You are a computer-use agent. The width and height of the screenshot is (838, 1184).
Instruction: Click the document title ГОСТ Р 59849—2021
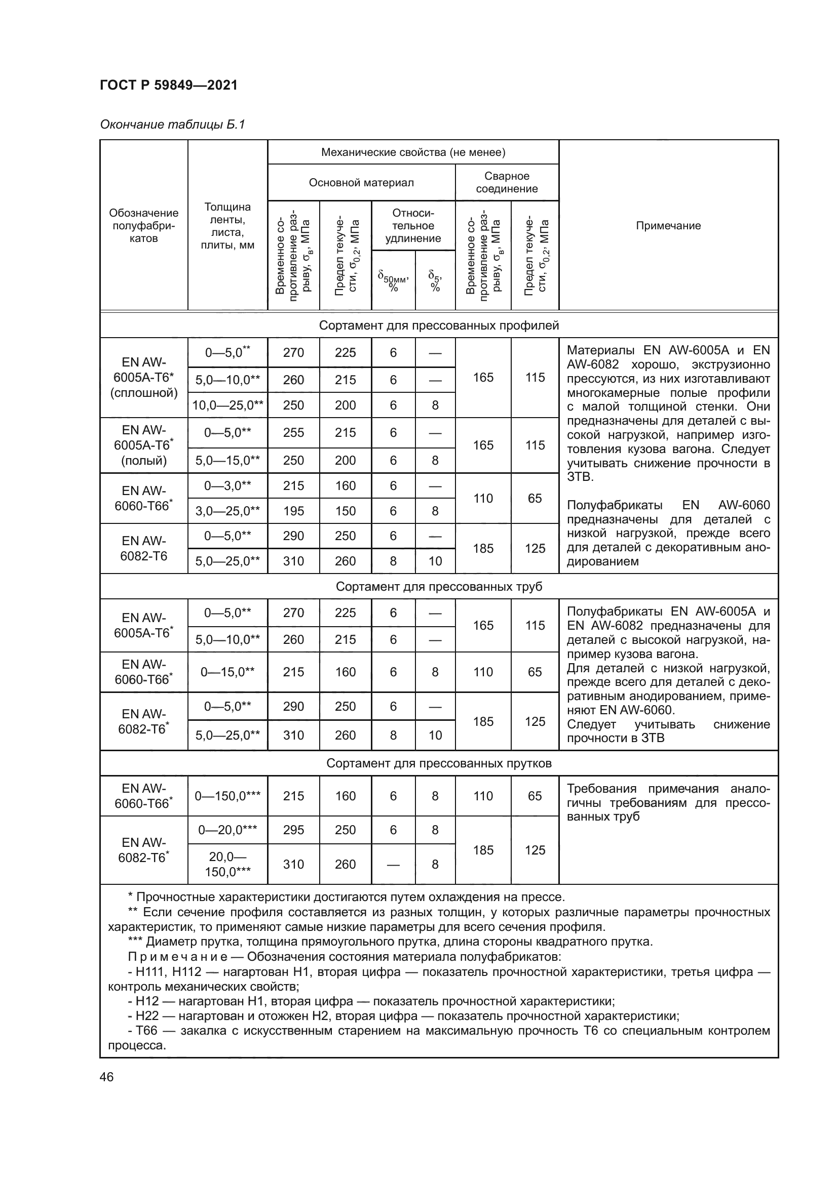[169, 85]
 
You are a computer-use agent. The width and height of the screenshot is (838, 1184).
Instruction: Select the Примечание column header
[668, 225]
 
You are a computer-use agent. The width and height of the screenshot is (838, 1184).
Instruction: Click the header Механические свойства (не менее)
[413, 152]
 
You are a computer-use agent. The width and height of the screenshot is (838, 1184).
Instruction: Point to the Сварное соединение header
[506, 183]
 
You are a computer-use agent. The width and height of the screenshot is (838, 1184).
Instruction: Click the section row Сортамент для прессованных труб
[439, 586]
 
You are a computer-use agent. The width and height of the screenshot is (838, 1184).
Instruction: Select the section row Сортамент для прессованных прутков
[439, 763]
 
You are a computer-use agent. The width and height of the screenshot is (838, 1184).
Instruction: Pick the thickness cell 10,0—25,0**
[227, 405]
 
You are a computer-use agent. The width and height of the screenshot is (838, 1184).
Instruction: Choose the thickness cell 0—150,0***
[227, 796]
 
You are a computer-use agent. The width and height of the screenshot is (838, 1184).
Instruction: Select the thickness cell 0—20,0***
[227, 830]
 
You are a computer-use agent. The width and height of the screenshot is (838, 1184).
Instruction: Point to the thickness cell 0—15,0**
[227, 672]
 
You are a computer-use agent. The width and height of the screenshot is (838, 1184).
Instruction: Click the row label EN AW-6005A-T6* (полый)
[143, 445]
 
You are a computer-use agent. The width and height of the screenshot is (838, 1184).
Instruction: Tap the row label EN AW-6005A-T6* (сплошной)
[143, 378]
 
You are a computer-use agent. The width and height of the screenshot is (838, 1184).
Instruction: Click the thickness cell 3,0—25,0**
[227, 511]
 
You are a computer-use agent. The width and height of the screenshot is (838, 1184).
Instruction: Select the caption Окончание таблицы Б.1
[172, 125]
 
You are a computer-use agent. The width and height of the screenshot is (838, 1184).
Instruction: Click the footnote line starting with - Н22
[402, 1016]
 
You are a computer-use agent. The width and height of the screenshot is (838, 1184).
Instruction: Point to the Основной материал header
[361, 183]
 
